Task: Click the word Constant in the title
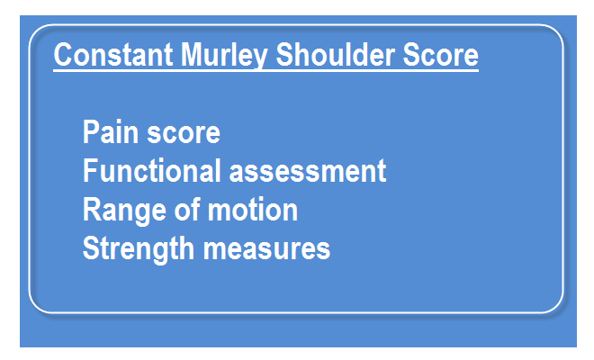point(113,55)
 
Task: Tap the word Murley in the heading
point(223,56)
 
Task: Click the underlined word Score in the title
point(440,55)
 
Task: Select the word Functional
point(152,170)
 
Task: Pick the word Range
point(124,211)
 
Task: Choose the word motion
point(253,210)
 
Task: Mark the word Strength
point(139,249)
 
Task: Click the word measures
point(266,249)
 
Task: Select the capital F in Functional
point(90,170)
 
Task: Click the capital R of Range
point(92,209)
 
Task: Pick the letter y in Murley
point(258,59)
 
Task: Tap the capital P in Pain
point(92,131)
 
